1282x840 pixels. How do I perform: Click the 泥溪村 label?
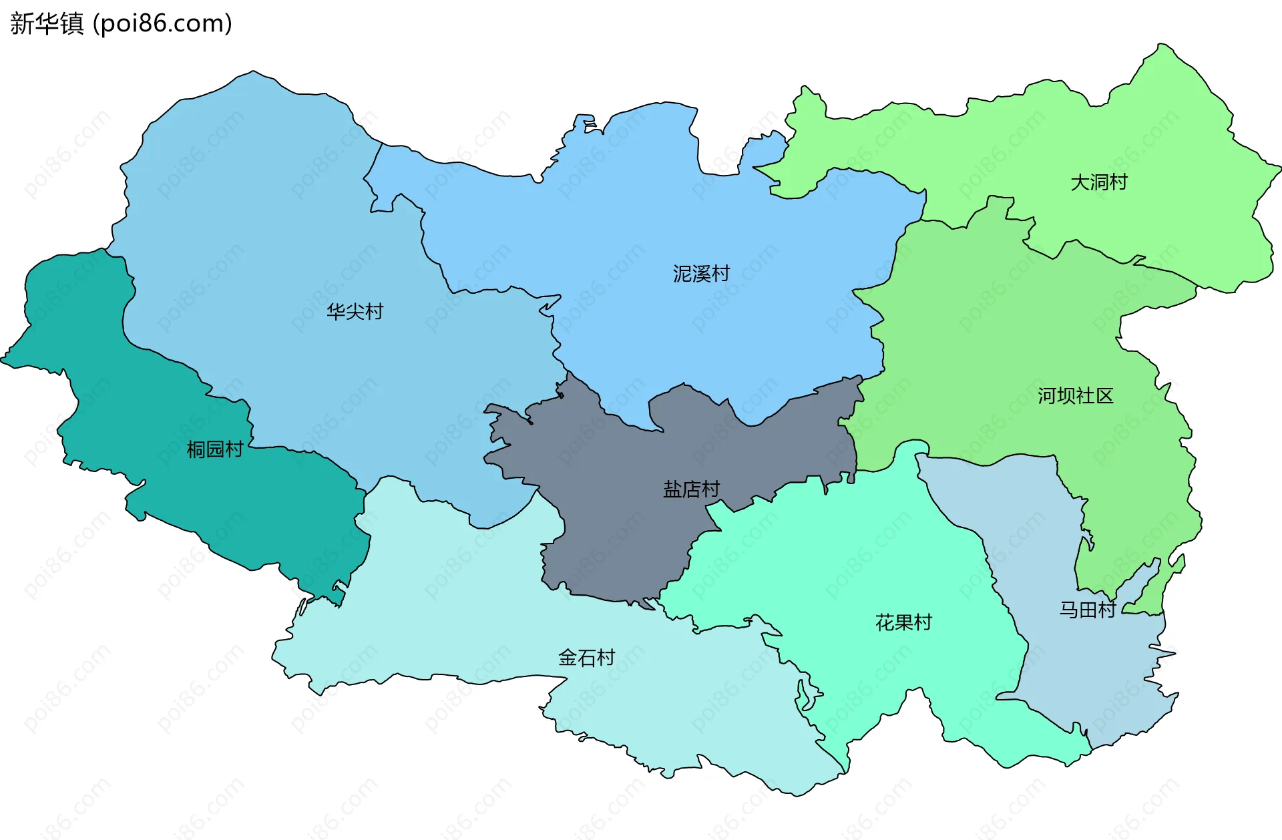pos(701,274)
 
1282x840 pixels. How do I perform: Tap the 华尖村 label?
pos(355,312)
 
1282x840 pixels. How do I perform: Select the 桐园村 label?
pos(214,449)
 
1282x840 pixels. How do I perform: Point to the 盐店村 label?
pos(691,489)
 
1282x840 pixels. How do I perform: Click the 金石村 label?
pos(586,658)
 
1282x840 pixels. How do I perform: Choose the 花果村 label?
pos(903,622)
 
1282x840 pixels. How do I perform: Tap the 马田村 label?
pos(1087,610)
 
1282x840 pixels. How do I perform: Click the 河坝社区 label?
pos(1075,396)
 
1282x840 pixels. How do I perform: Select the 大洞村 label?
pos(1098,182)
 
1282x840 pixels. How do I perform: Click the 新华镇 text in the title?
pos(47,23)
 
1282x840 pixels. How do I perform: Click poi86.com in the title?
pos(162,23)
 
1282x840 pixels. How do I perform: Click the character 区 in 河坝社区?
pos(1104,396)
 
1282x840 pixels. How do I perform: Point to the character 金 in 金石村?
pos(568,658)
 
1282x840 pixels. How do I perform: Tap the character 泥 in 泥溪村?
pos(682,274)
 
